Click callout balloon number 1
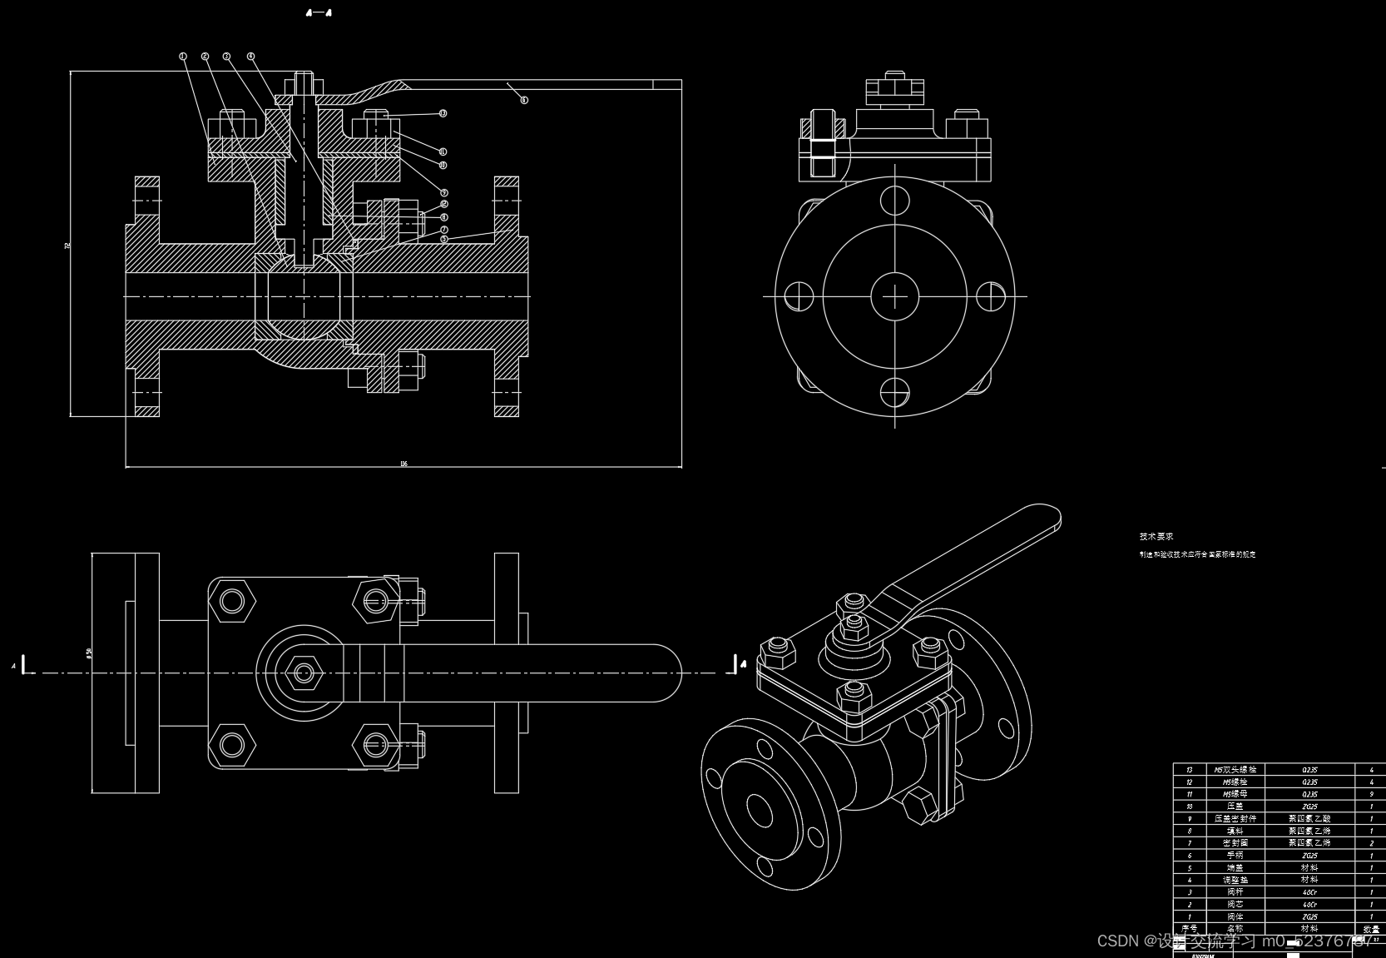(183, 57)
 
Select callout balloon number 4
(250, 57)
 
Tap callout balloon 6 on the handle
(524, 100)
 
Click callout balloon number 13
(443, 113)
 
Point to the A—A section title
(319, 12)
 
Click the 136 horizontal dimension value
(403, 464)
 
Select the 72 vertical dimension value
(68, 245)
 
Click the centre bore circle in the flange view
(894, 295)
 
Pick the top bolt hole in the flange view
(894, 201)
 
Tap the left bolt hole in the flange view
(799, 295)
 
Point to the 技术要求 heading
(1156, 537)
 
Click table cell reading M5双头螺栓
(1235, 770)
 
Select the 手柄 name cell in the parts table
(1235, 855)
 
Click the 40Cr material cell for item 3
(1309, 891)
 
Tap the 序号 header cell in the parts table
(1189, 928)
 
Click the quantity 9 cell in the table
(1371, 794)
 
